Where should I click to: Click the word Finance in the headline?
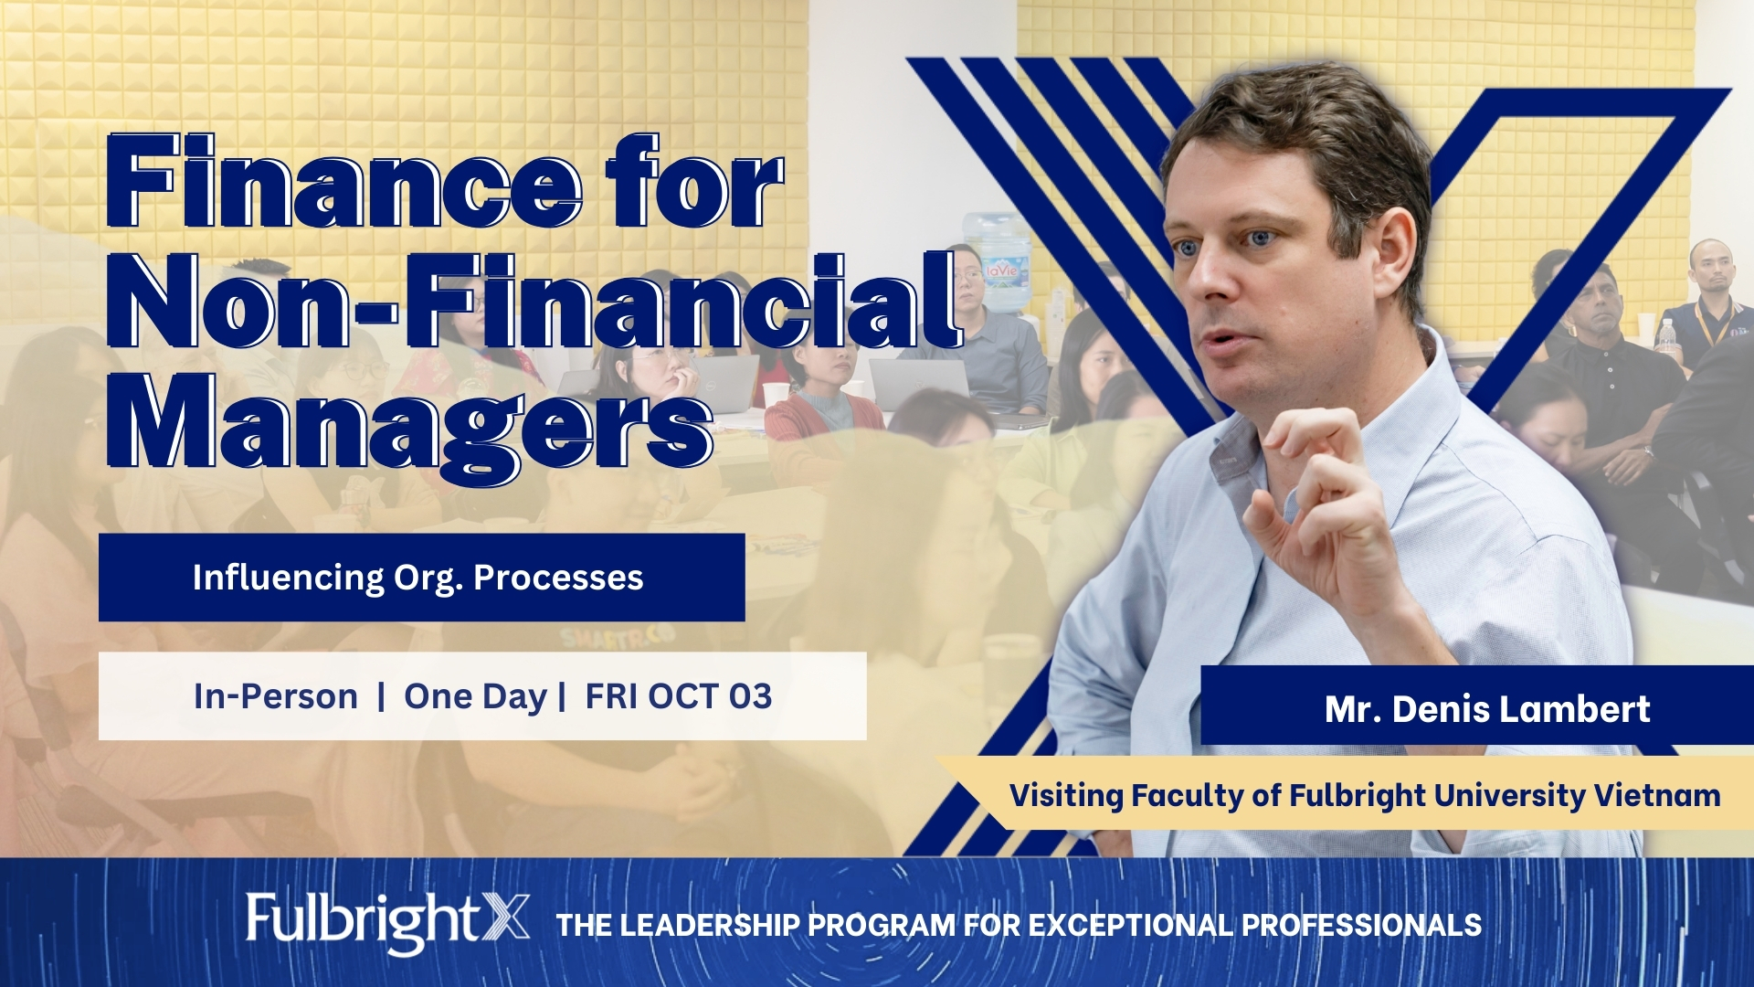coord(343,181)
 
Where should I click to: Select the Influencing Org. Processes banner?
coord(421,578)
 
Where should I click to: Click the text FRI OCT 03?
coord(679,696)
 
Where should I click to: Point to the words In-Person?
coord(276,696)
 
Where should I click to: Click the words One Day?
coord(475,697)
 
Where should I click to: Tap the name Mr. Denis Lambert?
coord(1487,709)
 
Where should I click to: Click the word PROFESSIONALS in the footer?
coord(1361,925)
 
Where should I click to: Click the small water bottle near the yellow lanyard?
coord(1667,337)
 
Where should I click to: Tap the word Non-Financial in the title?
coord(535,302)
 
